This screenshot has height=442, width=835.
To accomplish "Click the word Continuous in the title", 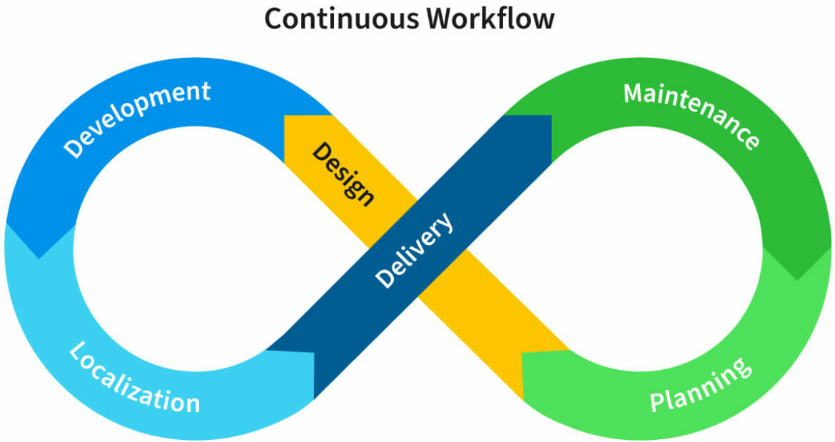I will point(342,19).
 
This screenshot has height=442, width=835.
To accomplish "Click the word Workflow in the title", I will point(490,19).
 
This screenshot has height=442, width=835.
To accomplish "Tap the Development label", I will point(138,119).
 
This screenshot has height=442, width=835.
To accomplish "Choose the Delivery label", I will point(413,251).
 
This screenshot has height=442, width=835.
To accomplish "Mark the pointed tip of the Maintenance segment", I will point(797,278).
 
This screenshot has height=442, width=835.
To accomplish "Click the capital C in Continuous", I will point(275,19).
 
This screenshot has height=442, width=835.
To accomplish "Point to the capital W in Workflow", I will point(443,19).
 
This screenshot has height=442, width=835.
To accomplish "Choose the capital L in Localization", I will point(77,351).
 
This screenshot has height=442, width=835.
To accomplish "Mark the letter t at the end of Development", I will point(205,91).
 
